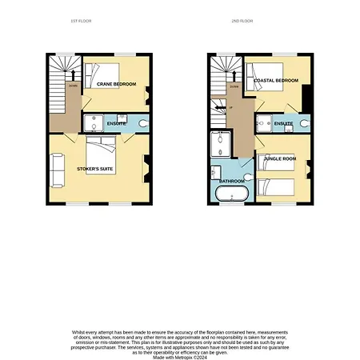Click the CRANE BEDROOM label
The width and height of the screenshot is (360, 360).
(116, 84)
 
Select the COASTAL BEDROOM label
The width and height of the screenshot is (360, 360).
(275, 81)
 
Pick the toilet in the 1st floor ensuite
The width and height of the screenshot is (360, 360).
(142, 124)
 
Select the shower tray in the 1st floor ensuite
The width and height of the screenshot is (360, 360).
(91, 123)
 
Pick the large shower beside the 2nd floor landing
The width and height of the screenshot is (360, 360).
(218, 144)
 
